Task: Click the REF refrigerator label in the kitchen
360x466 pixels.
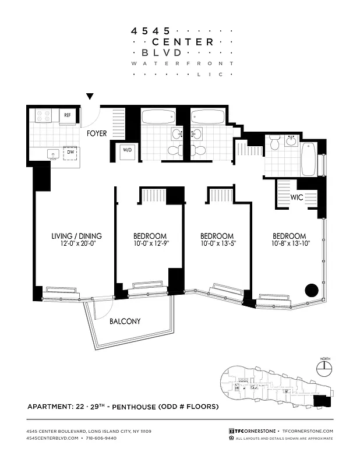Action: (67, 116)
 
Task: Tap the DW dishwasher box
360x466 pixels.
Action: (70, 153)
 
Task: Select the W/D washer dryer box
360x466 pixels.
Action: (126, 150)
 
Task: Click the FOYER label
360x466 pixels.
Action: (97, 133)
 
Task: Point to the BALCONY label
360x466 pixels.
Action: (125, 321)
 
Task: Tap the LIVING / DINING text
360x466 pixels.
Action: (76, 236)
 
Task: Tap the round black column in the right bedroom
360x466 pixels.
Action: (312, 289)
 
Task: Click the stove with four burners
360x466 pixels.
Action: (44, 116)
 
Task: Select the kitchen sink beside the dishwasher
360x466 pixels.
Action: (53, 154)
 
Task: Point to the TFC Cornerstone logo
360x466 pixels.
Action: (252, 430)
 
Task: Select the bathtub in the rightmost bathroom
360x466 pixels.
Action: (308, 158)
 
